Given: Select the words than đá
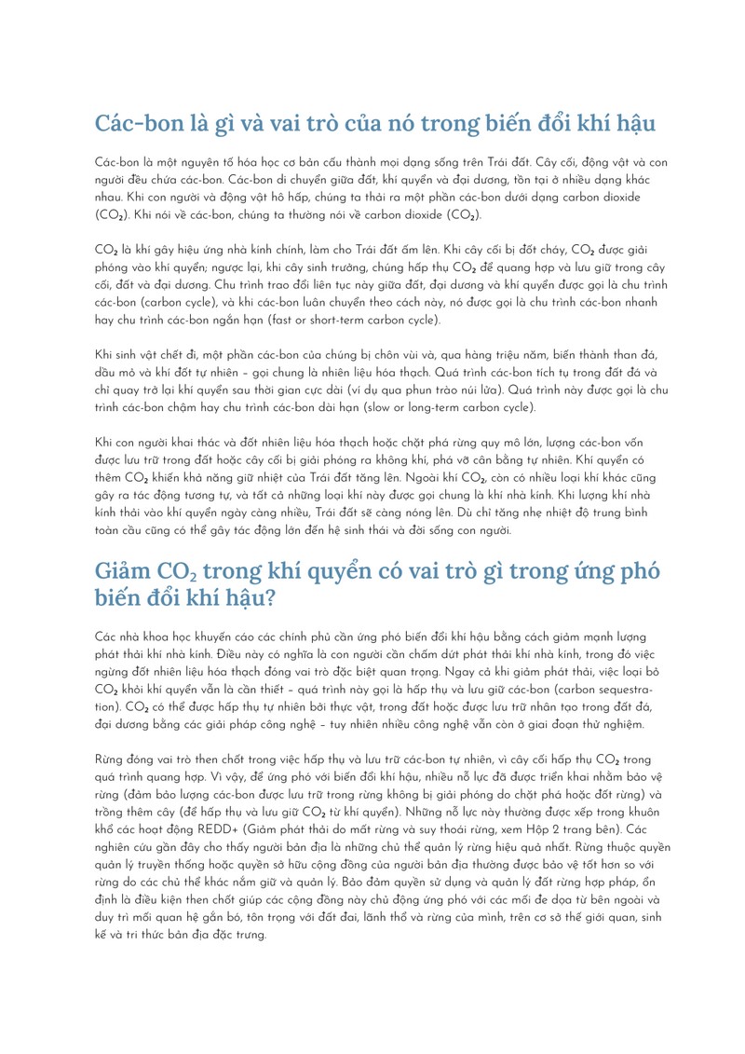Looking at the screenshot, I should tap(637, 356).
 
